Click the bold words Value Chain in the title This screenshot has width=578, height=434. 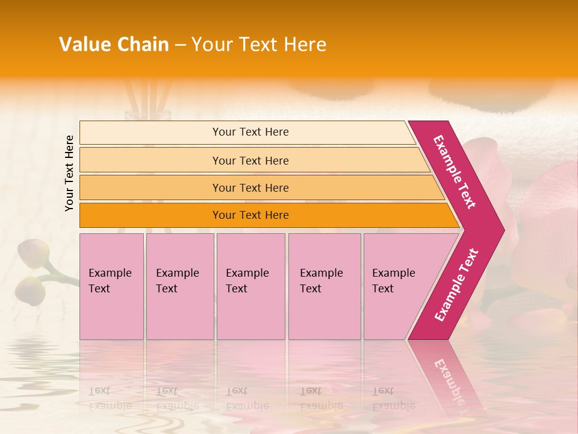pyautogui.click(x=114, y=45)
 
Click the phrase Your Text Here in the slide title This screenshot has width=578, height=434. pyautogui.click(x=259, y=45)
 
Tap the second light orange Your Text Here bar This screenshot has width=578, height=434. pyautogui.click(x=250, y=160)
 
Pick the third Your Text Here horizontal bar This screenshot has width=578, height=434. pyautogui.click(x=250, y=187)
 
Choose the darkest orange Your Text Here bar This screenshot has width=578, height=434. pyautogui.click(x=250, y=215)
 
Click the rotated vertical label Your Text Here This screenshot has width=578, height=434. pyautogui.click(x=69, y=173)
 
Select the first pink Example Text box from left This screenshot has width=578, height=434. pyautogui.click(x=111, y=286)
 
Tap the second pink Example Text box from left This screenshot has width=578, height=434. pyautogui.click(x=179, y=286)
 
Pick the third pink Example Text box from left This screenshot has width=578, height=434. pyautogui.click(x=250, y=286)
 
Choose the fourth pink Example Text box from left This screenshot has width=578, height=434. pyautogui.click(x=324, y=286)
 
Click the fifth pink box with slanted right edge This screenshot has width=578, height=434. pyautogui.click(x=397, y=286)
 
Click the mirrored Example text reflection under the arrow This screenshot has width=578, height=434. pyautogui.click(x=449, y=380)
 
